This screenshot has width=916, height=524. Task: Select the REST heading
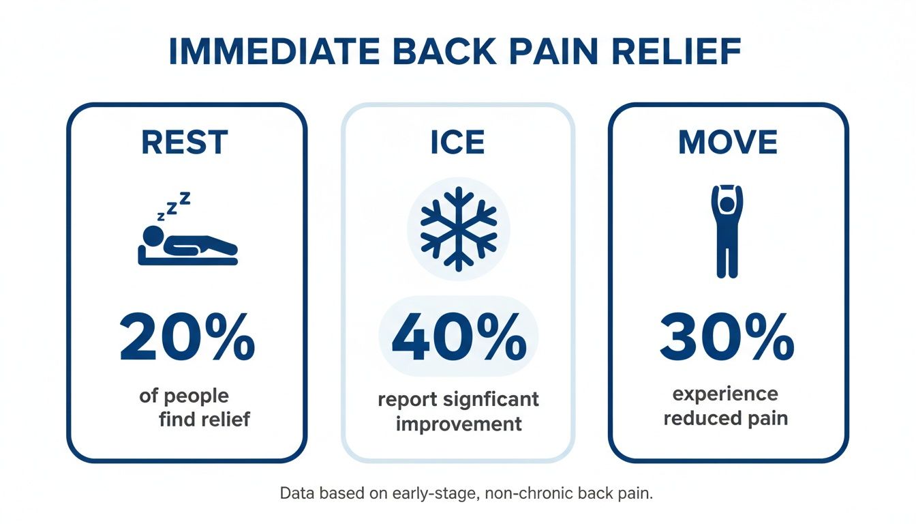(185, 142)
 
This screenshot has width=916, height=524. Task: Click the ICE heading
(457, 142)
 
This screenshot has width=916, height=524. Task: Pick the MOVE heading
(728, 142)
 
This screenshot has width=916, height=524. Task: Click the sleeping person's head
(153, 237)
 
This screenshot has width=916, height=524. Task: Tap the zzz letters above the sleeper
(174, 207)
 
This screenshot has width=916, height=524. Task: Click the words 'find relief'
(204, 418)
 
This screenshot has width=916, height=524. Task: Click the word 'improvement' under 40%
(458, 424)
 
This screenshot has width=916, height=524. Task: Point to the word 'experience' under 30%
(725, 394)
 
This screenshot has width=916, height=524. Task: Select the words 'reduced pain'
(725, 418)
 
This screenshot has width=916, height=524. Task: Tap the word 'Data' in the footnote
(294, 494)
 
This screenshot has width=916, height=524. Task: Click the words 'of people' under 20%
(184, 395)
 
